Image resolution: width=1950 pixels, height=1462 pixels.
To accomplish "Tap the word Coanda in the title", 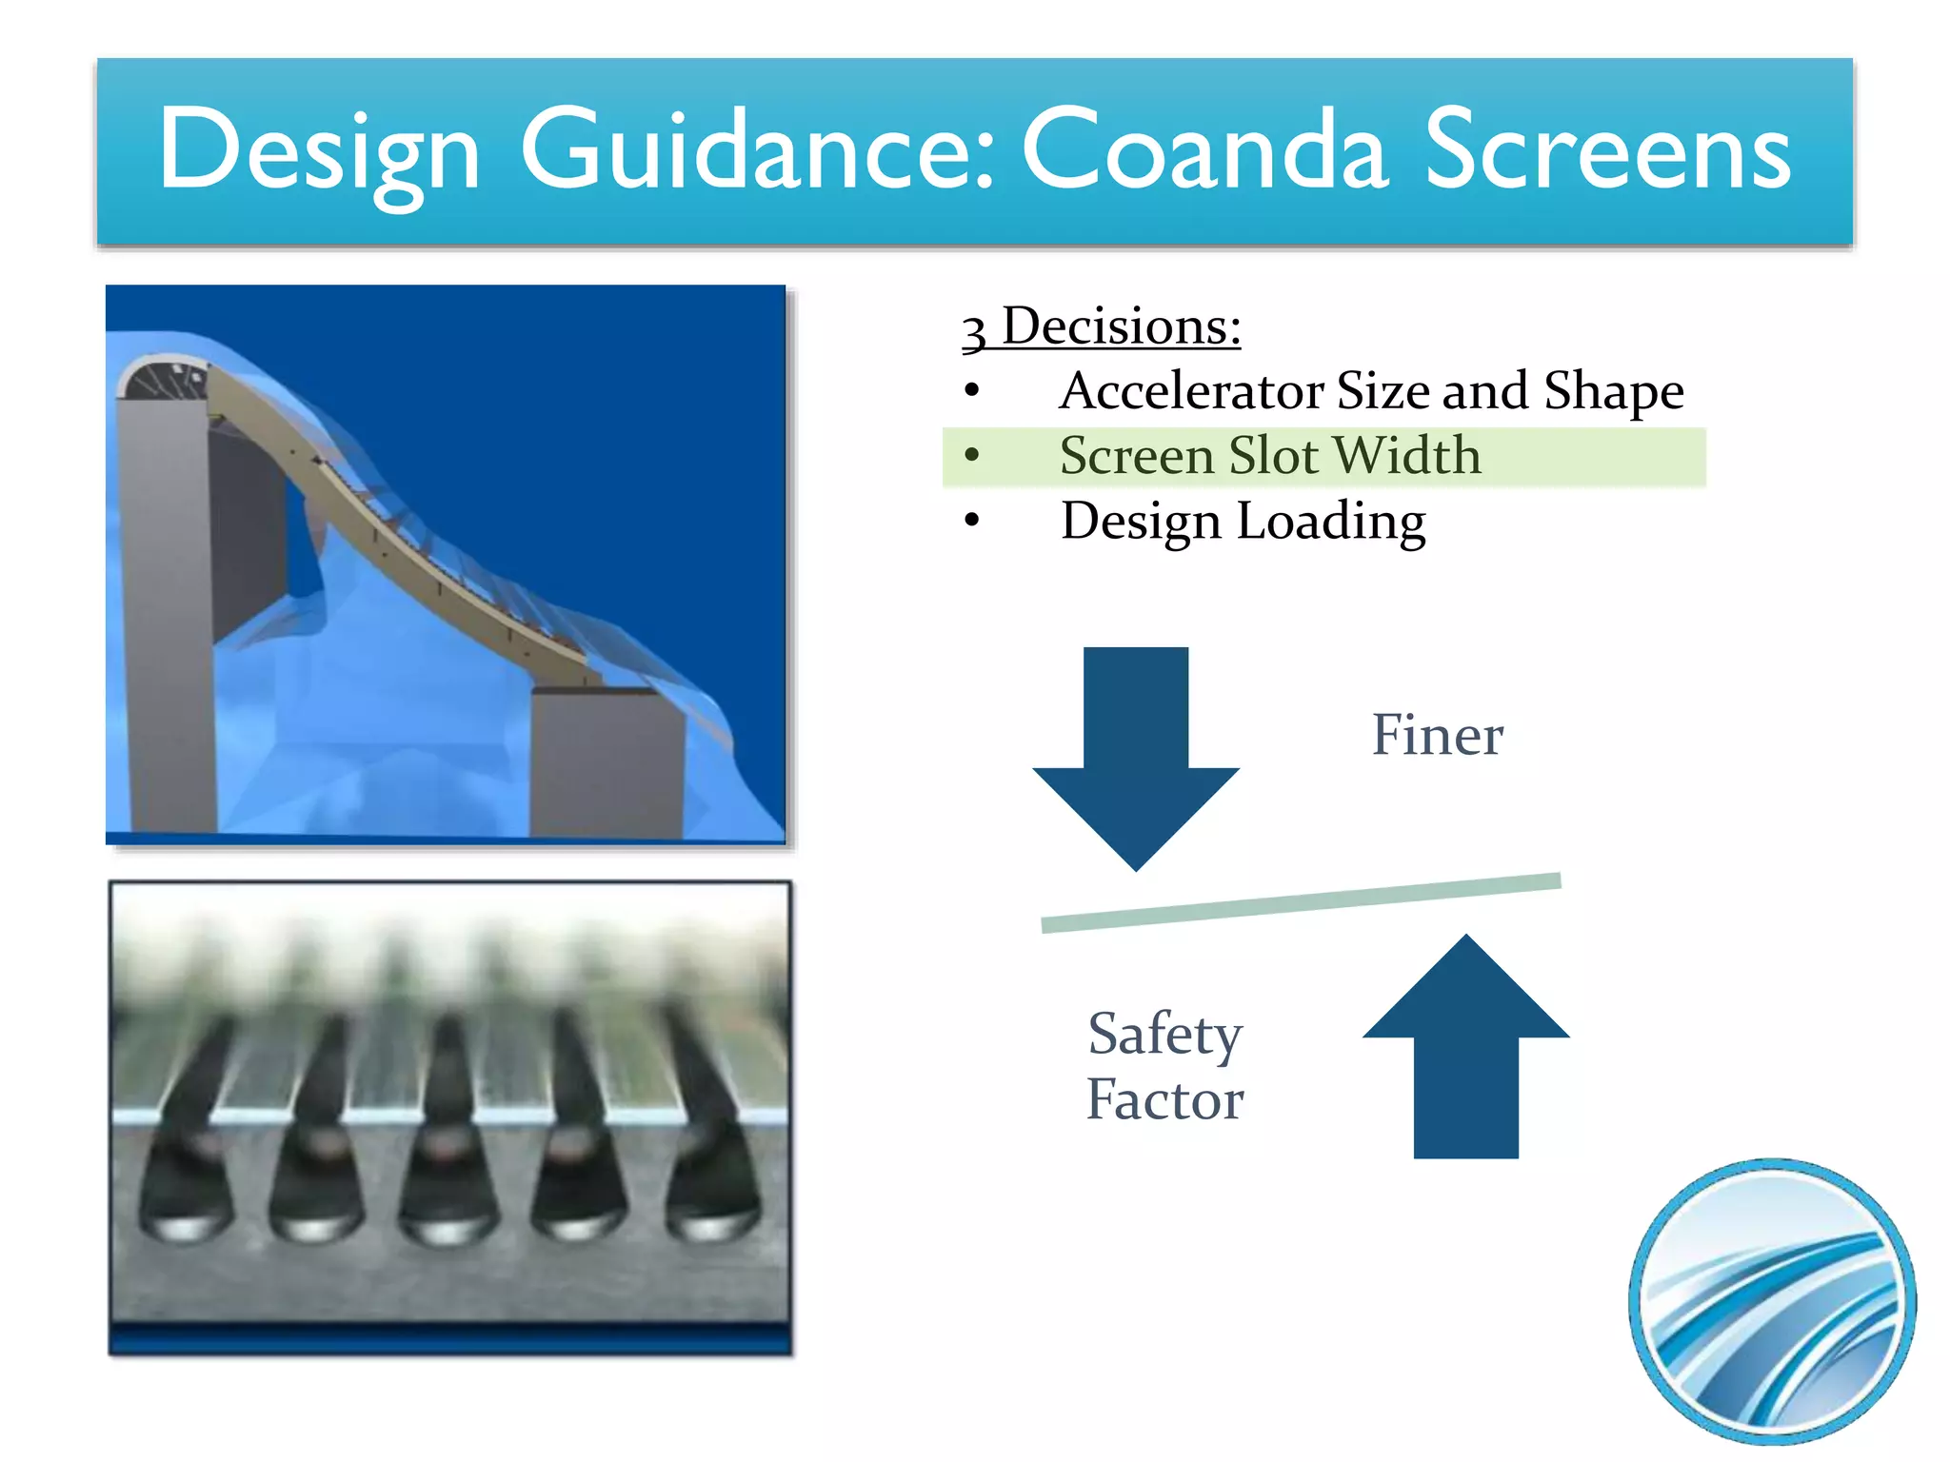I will coord(1204,150).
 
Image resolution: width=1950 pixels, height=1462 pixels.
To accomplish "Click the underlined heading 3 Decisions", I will coord(1102,327).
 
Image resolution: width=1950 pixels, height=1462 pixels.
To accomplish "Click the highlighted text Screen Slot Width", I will coord(1270,456).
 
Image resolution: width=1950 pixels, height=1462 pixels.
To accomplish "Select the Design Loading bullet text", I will coord(1243,522).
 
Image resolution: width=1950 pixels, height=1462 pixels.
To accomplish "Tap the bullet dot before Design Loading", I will coord(971,521).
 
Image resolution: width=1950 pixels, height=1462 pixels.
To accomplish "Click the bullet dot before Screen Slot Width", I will coord(971,455).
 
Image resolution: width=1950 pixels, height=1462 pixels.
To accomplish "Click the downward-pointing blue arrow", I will coord(1136,752).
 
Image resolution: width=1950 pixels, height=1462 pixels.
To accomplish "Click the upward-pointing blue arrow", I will coord(1465,1047).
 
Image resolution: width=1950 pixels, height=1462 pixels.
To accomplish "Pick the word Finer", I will coord(1437,735).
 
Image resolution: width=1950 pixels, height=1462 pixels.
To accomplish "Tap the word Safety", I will coord(1164,1035).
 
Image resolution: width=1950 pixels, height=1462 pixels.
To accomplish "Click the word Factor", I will coord(1164,1100).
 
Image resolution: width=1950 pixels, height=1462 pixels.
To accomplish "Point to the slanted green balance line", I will coord(1301,902).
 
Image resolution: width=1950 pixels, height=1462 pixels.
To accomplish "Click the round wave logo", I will coord(1772,1301).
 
